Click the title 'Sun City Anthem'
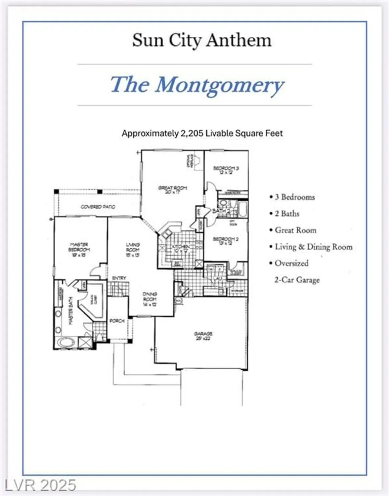(201, 41)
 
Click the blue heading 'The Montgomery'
(197, 85)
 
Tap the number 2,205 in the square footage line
(192, 133)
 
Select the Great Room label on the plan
(172, 190)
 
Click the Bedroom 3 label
(226, 170)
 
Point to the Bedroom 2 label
(226, 241)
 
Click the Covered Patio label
(98, 207)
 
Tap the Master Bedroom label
(79, 250)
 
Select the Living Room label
(133, 250)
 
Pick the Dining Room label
(150, 299)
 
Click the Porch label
(117, 321)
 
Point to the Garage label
(203, 336)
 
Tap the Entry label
(119, 278)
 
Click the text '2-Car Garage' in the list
(297, 280)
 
